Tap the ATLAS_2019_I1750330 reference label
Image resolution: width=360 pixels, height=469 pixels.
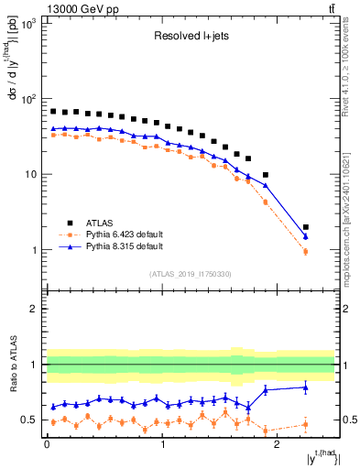point(191,274)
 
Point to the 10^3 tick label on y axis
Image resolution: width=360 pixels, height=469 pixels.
point(28,23)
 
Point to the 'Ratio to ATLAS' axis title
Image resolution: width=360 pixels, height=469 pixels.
point(12,365)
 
